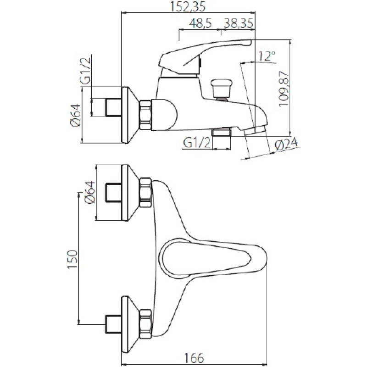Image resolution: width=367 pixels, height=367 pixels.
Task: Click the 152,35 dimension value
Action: [x=188, y=6]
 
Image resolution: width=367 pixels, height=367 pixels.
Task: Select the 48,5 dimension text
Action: [x=200, y=23]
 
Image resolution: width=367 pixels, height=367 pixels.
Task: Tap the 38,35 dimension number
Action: [x=239, y=23]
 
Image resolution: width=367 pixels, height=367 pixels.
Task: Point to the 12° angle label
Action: [x=267, y=56]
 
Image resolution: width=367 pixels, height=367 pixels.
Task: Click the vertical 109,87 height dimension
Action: [x=284, y=89]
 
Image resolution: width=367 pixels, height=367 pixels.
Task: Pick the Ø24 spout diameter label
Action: [x=286, y=145]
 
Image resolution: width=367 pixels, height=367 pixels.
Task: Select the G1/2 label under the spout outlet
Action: [x=197, y=143]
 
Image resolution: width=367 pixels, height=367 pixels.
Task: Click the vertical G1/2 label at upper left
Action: [x=85, y=71]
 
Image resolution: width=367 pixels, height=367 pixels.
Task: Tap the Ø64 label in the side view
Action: [x=76, y=115]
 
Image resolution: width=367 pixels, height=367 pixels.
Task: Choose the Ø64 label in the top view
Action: [x=90, y=192]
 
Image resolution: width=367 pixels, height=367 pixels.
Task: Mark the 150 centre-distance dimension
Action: [x=72, y=260]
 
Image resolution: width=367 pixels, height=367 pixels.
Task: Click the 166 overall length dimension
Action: [x=194, y=358]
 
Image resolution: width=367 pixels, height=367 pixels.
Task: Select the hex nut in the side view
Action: [x=145, y=115]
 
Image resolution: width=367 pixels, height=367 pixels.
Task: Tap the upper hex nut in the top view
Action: [x=145, y=192]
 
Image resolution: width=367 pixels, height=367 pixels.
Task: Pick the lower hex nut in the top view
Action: [x=145, y=324]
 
